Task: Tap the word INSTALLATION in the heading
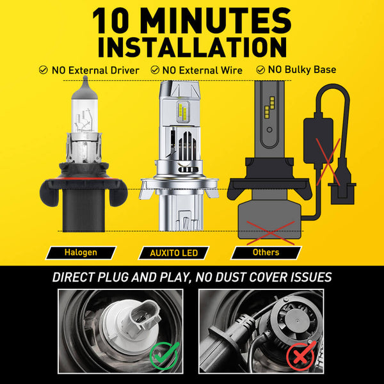pos(192,49)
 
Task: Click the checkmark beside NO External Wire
pos(155,70)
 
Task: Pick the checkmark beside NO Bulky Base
pos(260,70)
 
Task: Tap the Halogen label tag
pos(81,253)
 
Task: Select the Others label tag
pos(266,253)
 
